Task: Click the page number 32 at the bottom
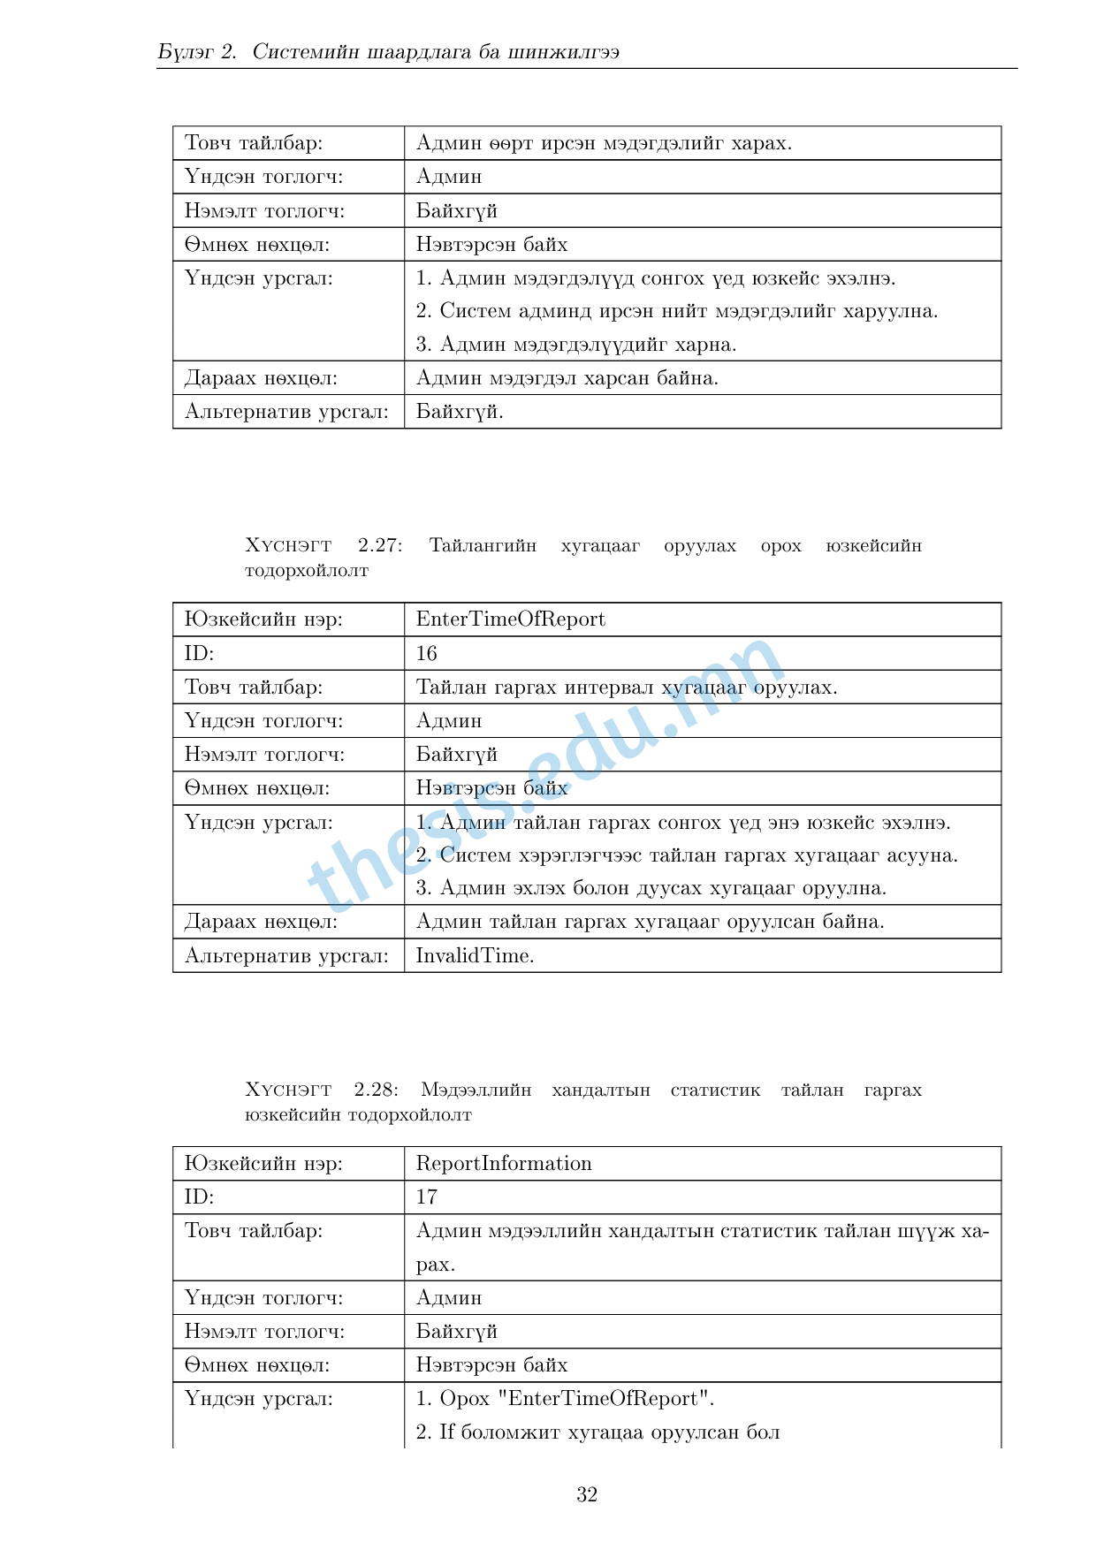[587, 1494]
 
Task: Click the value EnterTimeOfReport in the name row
[510, 619]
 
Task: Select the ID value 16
[426, 653]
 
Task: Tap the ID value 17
[426, 1197]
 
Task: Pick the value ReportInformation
[504, 1163]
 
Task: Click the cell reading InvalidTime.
[475, 955]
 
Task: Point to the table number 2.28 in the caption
[377, 1090]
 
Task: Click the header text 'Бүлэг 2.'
[197, 51]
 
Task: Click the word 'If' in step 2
[446, 1432]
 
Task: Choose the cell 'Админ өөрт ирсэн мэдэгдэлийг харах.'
[604, 143]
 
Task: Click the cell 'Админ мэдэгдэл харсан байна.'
[567, 378]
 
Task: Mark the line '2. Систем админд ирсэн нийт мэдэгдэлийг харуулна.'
[676, 311]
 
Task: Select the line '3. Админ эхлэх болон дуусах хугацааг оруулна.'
[651, 888]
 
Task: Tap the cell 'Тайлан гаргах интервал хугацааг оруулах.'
[626, 688]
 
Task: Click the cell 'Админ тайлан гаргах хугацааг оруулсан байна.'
[650, 922]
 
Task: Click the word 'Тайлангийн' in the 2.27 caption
[483, 545]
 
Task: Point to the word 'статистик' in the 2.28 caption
[715, 1090]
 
